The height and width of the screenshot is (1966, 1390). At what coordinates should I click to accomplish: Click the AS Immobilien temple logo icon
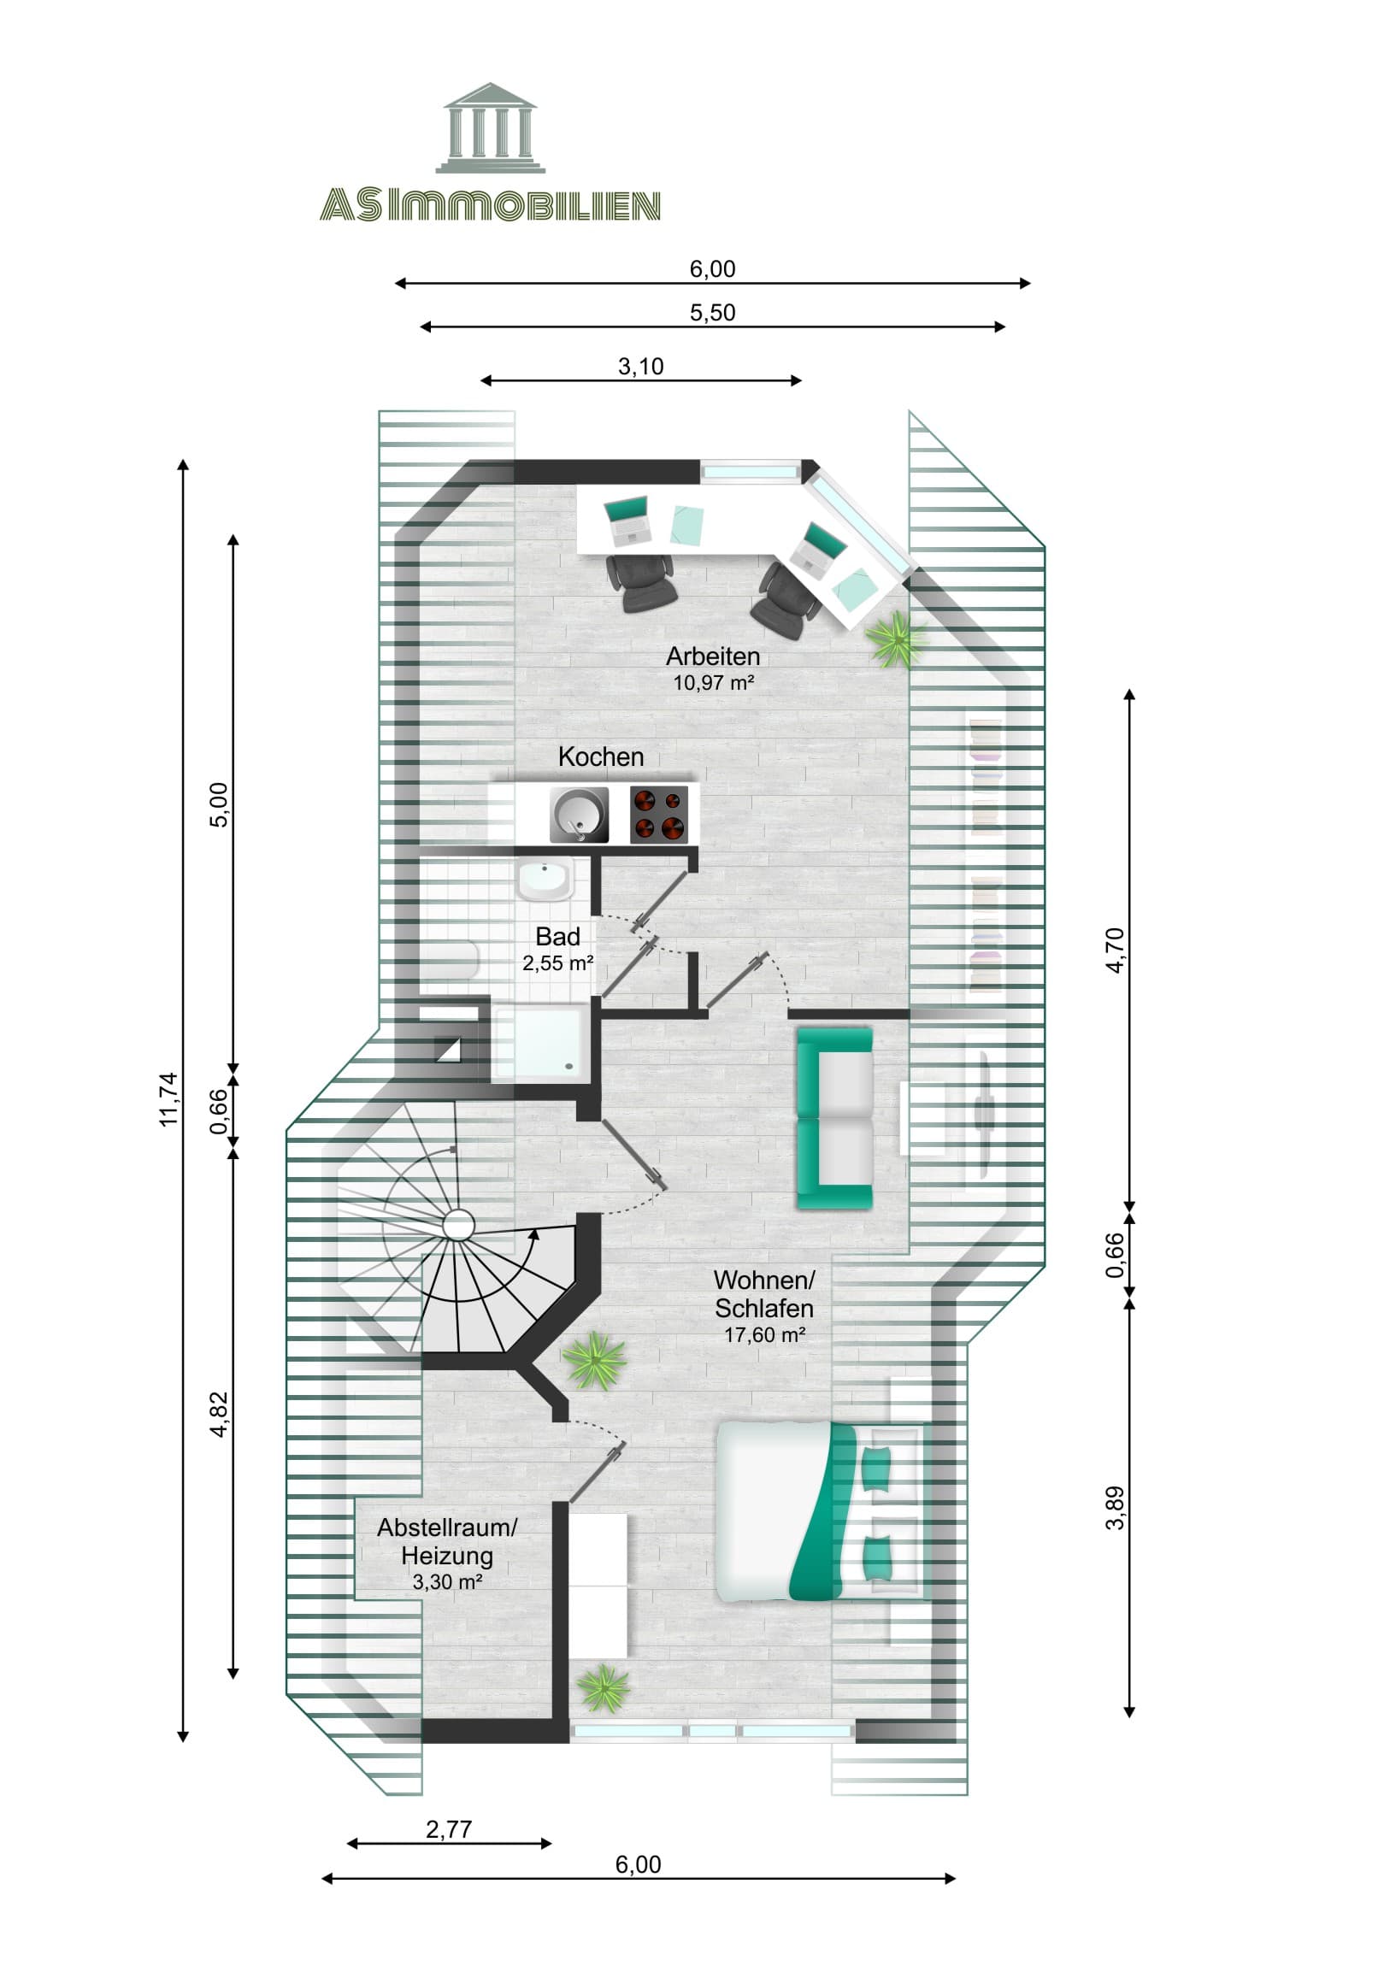(490, 128)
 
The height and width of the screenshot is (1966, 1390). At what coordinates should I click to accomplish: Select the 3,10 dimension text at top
(640, 367)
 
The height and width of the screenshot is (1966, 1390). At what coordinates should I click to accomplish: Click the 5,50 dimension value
(712, 313)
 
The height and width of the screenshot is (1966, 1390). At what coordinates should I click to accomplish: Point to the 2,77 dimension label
(449, 1829)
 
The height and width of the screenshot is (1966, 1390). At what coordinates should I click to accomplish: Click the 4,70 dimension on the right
(1114, 951)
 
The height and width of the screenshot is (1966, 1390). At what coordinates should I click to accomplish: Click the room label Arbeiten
(713, 656)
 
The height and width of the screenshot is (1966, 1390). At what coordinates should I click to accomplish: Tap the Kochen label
(600, 757)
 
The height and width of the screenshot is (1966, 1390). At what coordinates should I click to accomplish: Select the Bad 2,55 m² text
(557, 950)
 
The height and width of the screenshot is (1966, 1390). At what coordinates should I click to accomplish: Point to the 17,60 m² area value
(764, 1335)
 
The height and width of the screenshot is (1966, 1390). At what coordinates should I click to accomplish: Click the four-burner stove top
(658, 815)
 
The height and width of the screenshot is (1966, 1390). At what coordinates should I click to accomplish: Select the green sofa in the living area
(834, 1118)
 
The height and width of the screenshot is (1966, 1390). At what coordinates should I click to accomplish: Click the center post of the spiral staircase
(458, 1225)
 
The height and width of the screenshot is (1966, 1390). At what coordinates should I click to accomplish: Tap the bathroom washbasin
(545, 880)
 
